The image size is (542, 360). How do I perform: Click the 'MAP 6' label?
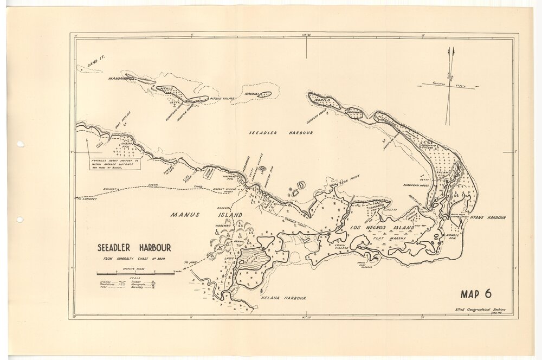tap(476, 294)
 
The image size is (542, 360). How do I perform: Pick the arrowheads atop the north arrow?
tap(451, 52)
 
